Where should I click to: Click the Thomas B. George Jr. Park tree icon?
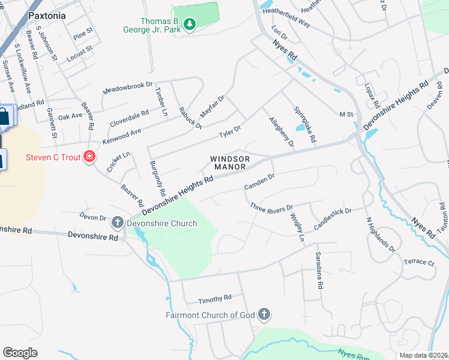tap(190, 24)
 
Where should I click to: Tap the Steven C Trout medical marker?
tap(90, 157)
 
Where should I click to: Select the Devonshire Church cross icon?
tap(118, 223)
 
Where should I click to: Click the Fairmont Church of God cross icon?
tap(264, 314)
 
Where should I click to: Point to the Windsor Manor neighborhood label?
tap(229, 163)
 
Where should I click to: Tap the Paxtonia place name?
tap(46, 16)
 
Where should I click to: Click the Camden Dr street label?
tap(259, 182)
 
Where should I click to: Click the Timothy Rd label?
tap(215, 298)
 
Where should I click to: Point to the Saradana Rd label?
tap(319, 271)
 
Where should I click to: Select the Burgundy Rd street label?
tap(158, 178)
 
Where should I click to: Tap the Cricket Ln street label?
tap(118, 162)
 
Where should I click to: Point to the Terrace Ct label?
tap(418, 262)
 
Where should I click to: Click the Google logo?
tap(20, 353)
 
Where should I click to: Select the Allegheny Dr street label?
tap(281, 131)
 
